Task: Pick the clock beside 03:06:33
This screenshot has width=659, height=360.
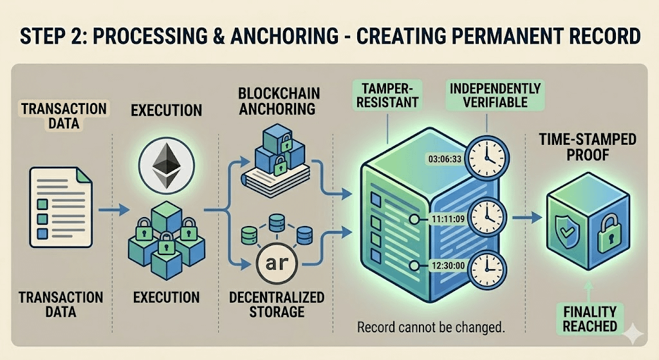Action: (487, 157)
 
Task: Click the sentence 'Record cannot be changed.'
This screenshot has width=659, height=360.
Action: (430, 327)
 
